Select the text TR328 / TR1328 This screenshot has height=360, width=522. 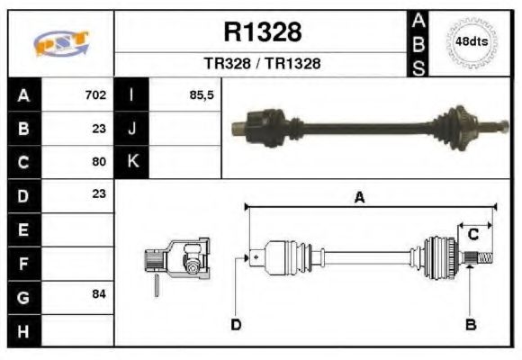[263, 64]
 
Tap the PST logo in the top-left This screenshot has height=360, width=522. [61, 42]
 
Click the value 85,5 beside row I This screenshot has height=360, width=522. [202, 94]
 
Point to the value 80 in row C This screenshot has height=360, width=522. [99, 162]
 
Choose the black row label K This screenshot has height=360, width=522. [132, 162]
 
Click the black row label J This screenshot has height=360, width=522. [132, 129]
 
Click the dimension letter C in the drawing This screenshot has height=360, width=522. [472, 234]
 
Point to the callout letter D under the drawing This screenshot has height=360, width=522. [236, 324]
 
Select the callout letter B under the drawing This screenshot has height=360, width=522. [470, 324]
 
